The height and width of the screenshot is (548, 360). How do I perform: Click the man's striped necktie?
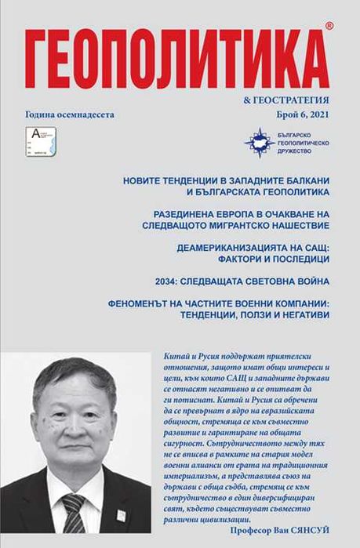click(x=75, y=517)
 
